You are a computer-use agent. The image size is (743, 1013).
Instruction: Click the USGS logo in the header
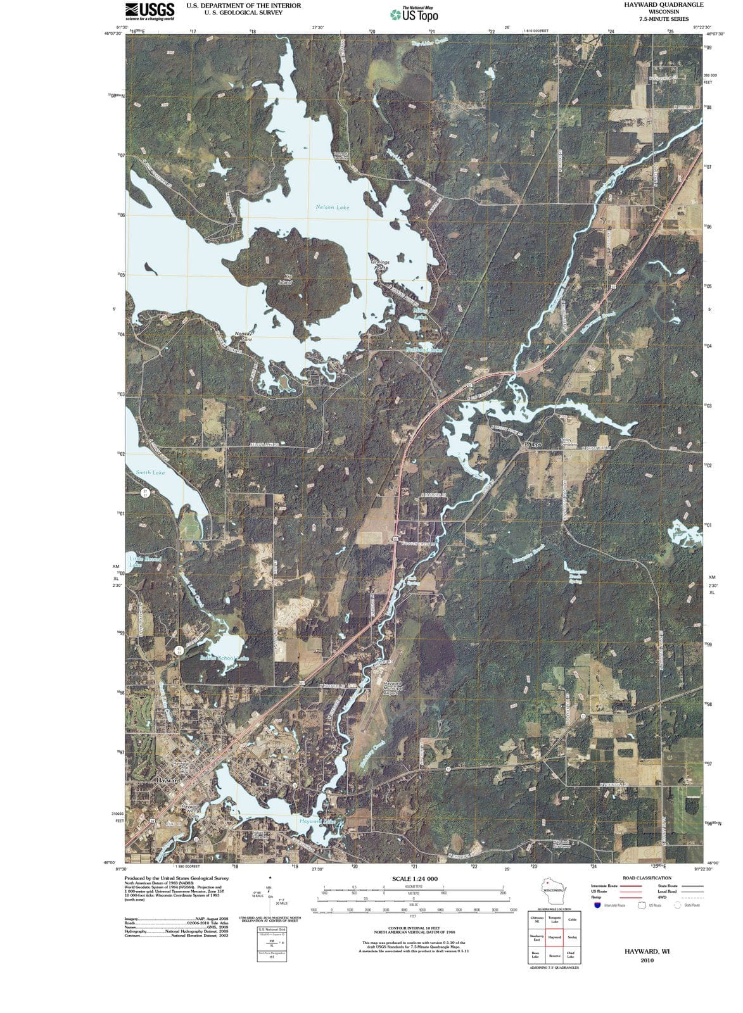click(x=150, y=11)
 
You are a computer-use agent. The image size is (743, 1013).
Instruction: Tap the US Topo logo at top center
click(x=415, y=13)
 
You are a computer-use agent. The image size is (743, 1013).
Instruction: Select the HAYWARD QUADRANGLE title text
click(x=654, y=5)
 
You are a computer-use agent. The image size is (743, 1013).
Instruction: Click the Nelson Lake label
click(x=332, y=207)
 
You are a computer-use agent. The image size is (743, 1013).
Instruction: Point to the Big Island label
click(x=286, y=279)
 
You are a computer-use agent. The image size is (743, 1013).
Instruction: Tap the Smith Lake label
click(x=150, y=472)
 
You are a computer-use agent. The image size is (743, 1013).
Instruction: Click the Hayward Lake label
click(x=317, y=821)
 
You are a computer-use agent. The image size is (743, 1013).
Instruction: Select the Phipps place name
click(x=533, y=444)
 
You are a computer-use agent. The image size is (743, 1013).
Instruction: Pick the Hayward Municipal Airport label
click(x=391, y=688)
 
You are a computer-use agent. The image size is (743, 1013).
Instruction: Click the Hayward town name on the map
click(x=168, y=781)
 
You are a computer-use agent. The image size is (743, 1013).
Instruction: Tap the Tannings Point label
click(x=379, y=265)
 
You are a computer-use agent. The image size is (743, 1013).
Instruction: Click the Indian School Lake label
click(x=224, y=658)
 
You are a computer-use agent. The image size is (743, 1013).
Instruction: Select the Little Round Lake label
click(x=144, y=562)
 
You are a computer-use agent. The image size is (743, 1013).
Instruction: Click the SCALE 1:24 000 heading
click(x=414, y=879)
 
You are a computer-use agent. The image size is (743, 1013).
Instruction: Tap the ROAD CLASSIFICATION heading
click(x=647, y=878)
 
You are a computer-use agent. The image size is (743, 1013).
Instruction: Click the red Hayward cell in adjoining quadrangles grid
click(x=554, y=937)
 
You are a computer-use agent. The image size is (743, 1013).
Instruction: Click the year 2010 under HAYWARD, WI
click(x=647, y=960)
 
